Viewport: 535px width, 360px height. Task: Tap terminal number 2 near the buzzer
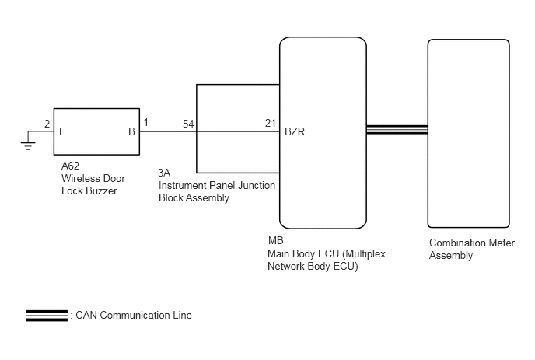[47, 124]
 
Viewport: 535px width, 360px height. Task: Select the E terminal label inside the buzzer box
[62, 131]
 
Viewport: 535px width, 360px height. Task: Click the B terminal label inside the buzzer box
[131, 131]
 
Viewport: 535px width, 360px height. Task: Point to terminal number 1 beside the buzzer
[146, 122]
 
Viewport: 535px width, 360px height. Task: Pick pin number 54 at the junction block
[188, 124]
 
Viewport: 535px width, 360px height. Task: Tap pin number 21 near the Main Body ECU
[271, 123]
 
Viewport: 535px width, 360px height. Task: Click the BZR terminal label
[295, 131]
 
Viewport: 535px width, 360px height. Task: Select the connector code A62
[70, 166]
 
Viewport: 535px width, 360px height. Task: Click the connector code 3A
[164, 173]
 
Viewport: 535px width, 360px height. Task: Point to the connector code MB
[276, 240]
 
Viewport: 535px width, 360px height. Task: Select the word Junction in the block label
[257, 185]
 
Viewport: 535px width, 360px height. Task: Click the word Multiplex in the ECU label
[364, 254]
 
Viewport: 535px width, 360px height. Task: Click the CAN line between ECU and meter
[397, 130]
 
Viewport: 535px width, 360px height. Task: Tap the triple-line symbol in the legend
[47, 316]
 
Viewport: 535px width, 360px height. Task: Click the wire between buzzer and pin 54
[168, 131]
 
